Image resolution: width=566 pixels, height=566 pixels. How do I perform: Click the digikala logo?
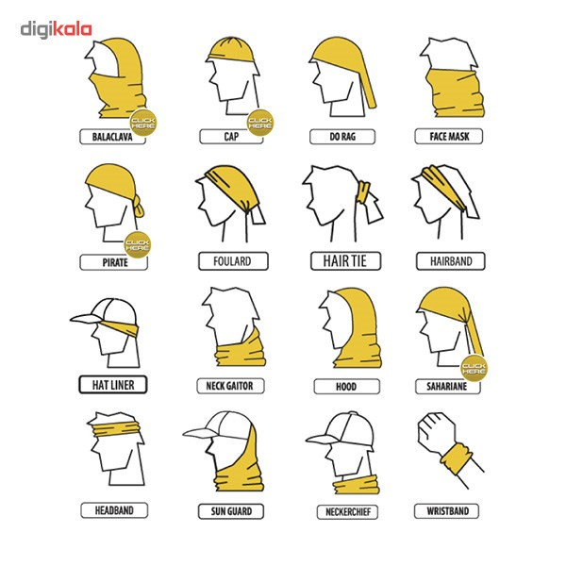[56, 30]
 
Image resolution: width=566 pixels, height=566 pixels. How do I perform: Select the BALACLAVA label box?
[112, 137]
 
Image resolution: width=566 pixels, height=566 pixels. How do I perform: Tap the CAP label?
[231, 137]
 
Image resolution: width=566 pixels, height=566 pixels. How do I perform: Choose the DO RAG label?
[342, 137]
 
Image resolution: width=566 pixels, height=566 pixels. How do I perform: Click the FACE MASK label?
[449, 137]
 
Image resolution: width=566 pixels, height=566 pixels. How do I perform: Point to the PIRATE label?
[114, 262]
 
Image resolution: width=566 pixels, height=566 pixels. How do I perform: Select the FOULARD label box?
[233, 261]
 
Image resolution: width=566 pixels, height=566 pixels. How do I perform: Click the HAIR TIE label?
[345, 260]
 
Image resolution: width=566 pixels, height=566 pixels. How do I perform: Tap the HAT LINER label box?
[113, 385]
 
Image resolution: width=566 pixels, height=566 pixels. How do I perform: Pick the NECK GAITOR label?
[230, 386]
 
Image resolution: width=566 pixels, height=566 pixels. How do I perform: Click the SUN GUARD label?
[231, 511]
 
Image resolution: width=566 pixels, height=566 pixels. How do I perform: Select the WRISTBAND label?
[447, 511]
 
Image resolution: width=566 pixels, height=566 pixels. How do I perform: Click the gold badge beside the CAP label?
[260, 123]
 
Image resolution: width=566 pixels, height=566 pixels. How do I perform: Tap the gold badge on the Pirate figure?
[137, 244]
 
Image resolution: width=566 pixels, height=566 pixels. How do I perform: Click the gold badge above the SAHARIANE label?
[474, 368]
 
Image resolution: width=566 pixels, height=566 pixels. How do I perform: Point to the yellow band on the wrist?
[457, 458]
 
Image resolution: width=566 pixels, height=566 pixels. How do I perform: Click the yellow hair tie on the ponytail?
[363, 192]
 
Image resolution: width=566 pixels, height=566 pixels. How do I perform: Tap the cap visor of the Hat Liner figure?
[85, 319]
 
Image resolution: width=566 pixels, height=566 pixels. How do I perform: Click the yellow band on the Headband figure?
[115, 427]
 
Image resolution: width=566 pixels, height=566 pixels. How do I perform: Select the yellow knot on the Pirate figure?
[139, 208]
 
